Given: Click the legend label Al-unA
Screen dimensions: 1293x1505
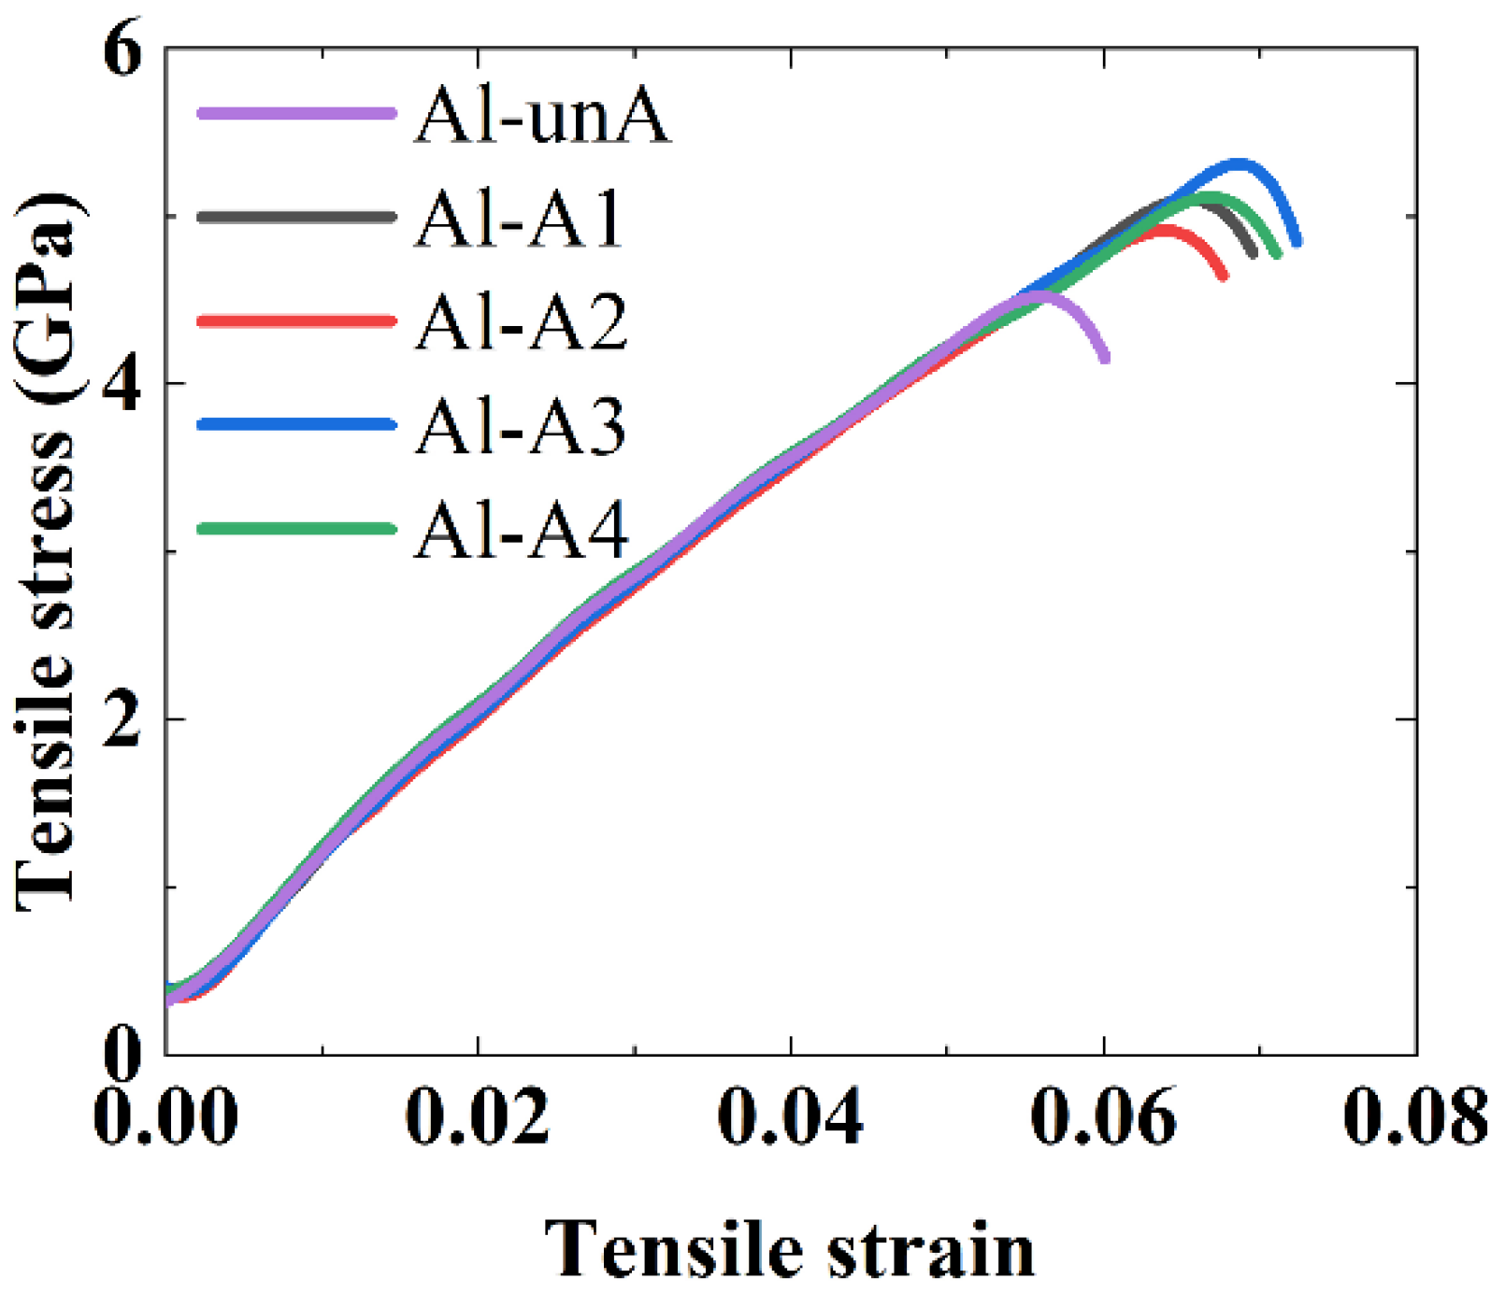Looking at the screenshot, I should point(542,116).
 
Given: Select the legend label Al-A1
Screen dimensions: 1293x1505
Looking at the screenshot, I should point(520,220).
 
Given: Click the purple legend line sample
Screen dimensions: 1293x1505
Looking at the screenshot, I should point(296,113).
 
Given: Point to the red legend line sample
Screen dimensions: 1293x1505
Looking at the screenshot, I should point(296,320).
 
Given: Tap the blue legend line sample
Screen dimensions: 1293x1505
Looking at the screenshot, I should point(296,424).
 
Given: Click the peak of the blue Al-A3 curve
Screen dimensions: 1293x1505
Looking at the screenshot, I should point(1240,163).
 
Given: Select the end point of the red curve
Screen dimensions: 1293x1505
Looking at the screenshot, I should point(1224,277).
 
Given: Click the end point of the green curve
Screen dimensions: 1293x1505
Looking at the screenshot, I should point(1277,254).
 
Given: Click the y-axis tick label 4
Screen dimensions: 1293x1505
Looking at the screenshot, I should point(122,383).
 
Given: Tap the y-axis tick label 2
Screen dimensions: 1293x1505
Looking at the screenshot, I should point(122,719).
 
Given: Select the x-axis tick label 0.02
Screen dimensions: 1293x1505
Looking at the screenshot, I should point(478,1116).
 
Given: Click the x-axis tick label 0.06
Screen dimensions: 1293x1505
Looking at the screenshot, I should point(1104,1116).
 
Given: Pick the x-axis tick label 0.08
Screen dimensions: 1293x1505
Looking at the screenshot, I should point(1415,1116).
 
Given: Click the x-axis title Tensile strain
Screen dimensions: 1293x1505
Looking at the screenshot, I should point(790,1250).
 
